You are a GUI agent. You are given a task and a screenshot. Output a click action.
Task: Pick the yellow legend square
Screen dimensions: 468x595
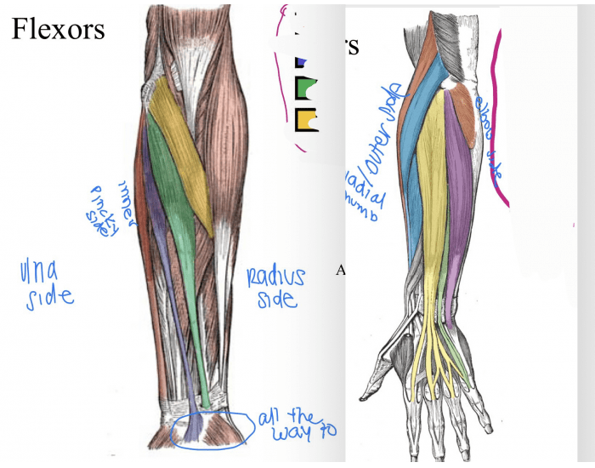pos(305,119)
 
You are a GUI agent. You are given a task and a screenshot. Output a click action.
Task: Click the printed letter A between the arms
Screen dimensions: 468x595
pos(341,271)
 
